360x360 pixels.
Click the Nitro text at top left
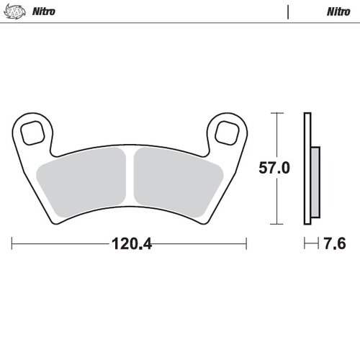44,12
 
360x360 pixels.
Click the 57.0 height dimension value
274,169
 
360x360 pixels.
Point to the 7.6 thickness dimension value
335,244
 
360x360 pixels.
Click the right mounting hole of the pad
227,132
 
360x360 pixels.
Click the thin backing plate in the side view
307,169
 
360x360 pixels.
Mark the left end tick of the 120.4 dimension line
12,244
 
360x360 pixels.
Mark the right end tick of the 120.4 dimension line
246,244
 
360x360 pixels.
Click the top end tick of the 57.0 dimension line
274,113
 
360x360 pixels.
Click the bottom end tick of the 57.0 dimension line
274,225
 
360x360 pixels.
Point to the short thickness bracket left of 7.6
310,244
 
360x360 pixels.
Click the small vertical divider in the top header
288,12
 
